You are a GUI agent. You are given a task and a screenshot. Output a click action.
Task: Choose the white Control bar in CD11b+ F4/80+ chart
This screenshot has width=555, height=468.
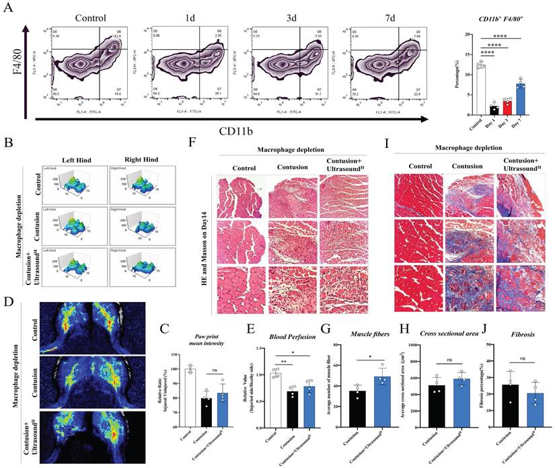pos(480,90)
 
